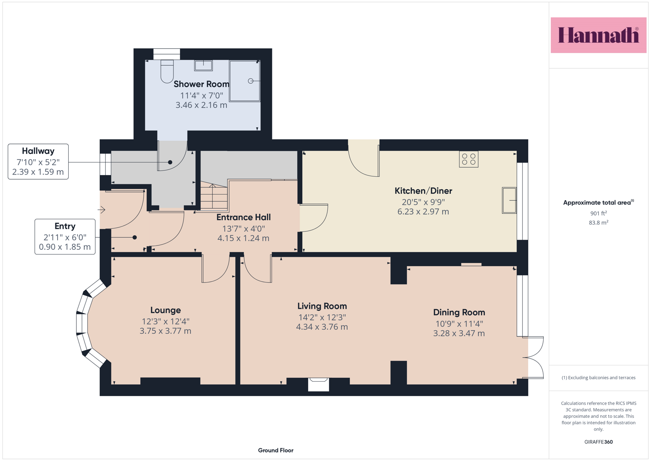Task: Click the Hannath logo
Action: pyautogui.click(x=599, y=35)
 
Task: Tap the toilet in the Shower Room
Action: pyautogui.click(x=167, y=72)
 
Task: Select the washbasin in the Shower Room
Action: pyautogui.click(x=203, y=65)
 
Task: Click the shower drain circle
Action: pyautogui.click(x=251, y=81)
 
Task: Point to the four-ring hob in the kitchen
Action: pyautogui.click(x=469, y=159)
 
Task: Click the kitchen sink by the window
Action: pyautogui.click(x=509, y=201)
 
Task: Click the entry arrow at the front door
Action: pyautogui.click(x=101, y=210)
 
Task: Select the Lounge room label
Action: pyautogui.click(x=166, y=310)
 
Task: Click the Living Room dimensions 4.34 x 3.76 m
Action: pyautogui.click(x=322, y=327)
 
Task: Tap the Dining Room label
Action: pyautogui.click(x=459, y=312)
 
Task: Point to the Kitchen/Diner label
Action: pyautogui.click(x=423, y=191)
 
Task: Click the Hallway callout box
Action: pyautogui.click(x=38, y=161)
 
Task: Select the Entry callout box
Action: pyautogui.click(x=65, y=236)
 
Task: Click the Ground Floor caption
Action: pyautogui.click(x=276, y=450)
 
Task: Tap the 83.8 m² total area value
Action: pyautogui.click(x=599, y=223)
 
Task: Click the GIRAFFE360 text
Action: pyautogui.click(x=599, y=442)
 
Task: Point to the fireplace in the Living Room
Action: pyautogui.click(x=318, y=384)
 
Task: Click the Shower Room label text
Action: pyautogui.click(x=201, y=84)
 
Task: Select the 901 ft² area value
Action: pyautogui.click(x=599, y=213)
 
